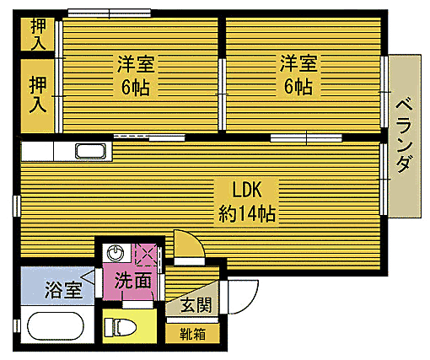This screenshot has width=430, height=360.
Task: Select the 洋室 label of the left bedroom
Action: pyautogui.click(x=135, y=62)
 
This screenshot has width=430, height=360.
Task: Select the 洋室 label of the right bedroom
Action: pyautogui.click(x=298, y=62)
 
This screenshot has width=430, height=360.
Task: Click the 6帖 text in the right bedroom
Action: pyautogui.click(x=298, y=87)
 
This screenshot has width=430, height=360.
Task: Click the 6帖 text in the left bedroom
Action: pyautogui.click(x=135, y=87)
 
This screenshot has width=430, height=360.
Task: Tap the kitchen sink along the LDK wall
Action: pyautogui.click(x=90, y=152)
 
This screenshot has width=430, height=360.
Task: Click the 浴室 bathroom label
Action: pyautogui.click(x=63, y=290)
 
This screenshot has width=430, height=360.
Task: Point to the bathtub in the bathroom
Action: pyautogui.click(x=56, y=326)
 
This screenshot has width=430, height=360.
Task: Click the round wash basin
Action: pyautogui.click(x=116, y=253)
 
